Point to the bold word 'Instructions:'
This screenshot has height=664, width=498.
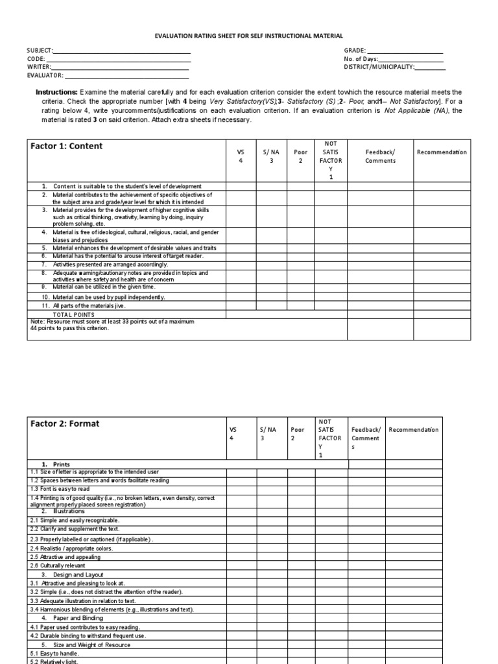pyautogui.click(x=56, y=92)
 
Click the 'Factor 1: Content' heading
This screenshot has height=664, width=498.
pyautogui.click(x=66, y=147)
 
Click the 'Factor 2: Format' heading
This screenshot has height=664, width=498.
pyautogui.click(x=65, y=424)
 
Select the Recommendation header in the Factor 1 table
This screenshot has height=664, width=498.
pyautogui.click(x=442, y=152)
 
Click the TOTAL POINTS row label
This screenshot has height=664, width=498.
pyautogui.click(x=78, y=314)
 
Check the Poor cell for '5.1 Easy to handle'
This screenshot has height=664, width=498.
pyautogui.click(x=301, y=654)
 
